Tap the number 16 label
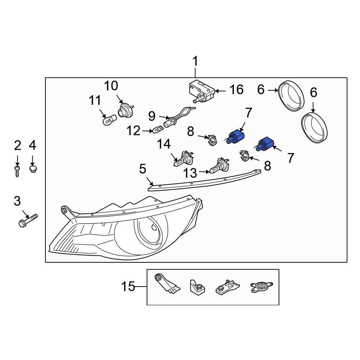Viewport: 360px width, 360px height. [x=237, y=90]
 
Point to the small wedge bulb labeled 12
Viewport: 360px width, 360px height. [x=158, y=129]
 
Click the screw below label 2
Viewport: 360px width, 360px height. [x=17, y=170]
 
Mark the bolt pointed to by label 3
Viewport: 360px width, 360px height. [x=28, y=220]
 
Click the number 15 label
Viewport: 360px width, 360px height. [x=128, y=287]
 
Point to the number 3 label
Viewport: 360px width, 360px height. [x=17, y=201]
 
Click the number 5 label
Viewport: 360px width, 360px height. [x=143, y=168]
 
